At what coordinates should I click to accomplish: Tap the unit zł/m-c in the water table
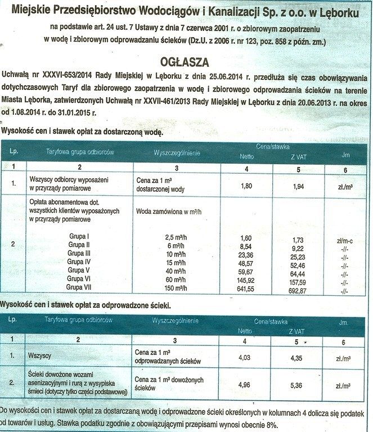[x=344, y=240]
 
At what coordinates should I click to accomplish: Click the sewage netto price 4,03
[x=245, y=357]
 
